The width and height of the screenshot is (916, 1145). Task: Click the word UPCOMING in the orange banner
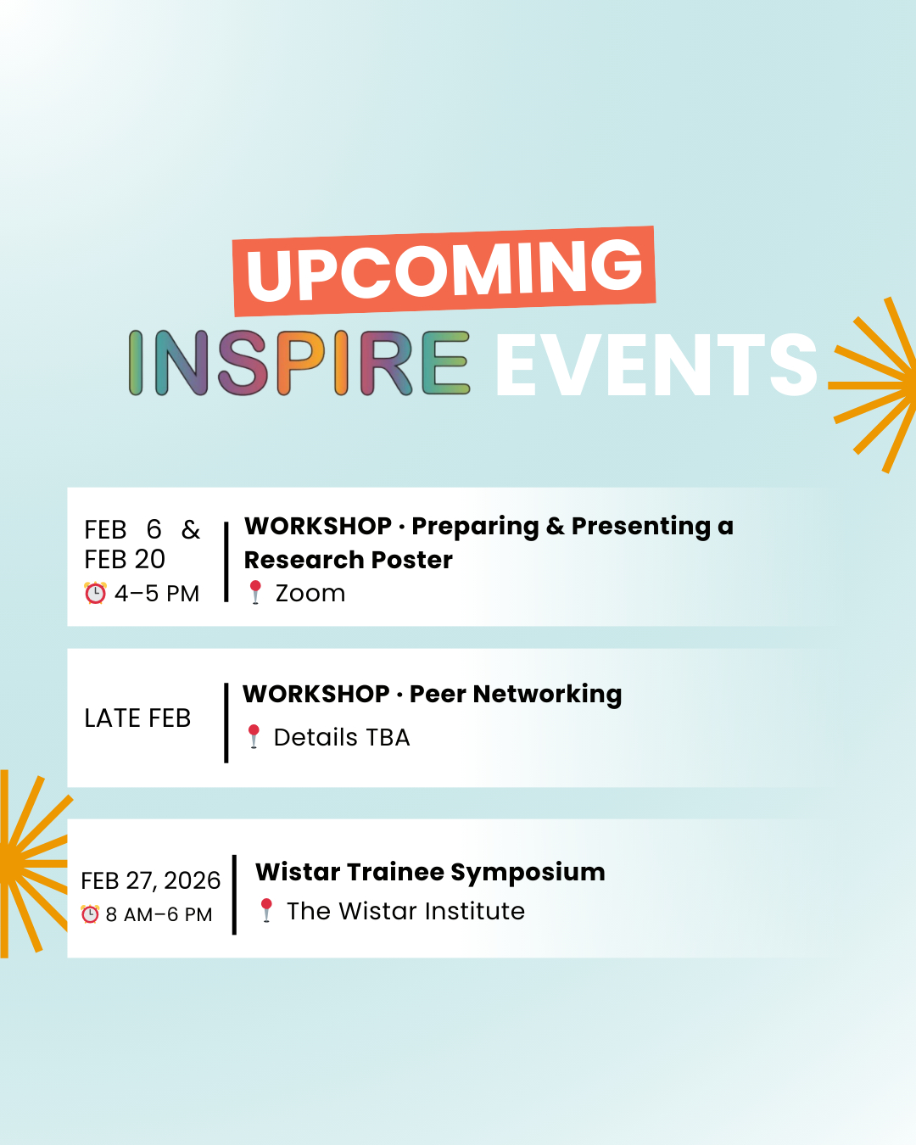444,271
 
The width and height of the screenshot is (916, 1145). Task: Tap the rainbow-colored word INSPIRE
299,363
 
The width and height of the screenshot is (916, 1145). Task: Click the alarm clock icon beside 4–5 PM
95,593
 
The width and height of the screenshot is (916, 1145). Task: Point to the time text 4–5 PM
157,593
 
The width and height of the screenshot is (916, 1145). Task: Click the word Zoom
310,593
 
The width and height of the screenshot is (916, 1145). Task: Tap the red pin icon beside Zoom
255,592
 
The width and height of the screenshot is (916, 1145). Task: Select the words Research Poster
348,560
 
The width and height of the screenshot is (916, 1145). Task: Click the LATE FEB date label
137,718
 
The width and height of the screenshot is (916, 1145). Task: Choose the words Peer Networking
515,695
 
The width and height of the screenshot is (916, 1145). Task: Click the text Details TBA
342,737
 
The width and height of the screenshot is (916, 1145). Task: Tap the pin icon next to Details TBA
254,736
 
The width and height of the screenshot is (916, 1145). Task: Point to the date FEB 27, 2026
151,880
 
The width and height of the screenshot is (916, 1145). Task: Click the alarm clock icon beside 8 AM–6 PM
90,914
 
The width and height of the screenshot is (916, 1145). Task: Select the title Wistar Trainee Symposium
430,873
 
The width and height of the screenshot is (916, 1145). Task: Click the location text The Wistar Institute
405,911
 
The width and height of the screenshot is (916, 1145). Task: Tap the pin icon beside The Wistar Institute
266,910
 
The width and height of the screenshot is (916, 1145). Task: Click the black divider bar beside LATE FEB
226,723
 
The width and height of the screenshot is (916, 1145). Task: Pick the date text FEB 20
125,559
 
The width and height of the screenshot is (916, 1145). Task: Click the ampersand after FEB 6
191,529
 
